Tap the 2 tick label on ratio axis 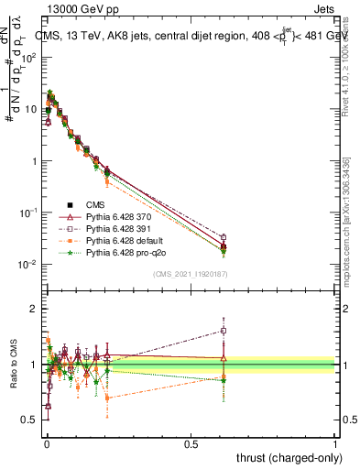click(34, 309)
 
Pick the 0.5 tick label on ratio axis click(30, 420)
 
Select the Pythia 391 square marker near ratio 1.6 click(224, 331)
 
